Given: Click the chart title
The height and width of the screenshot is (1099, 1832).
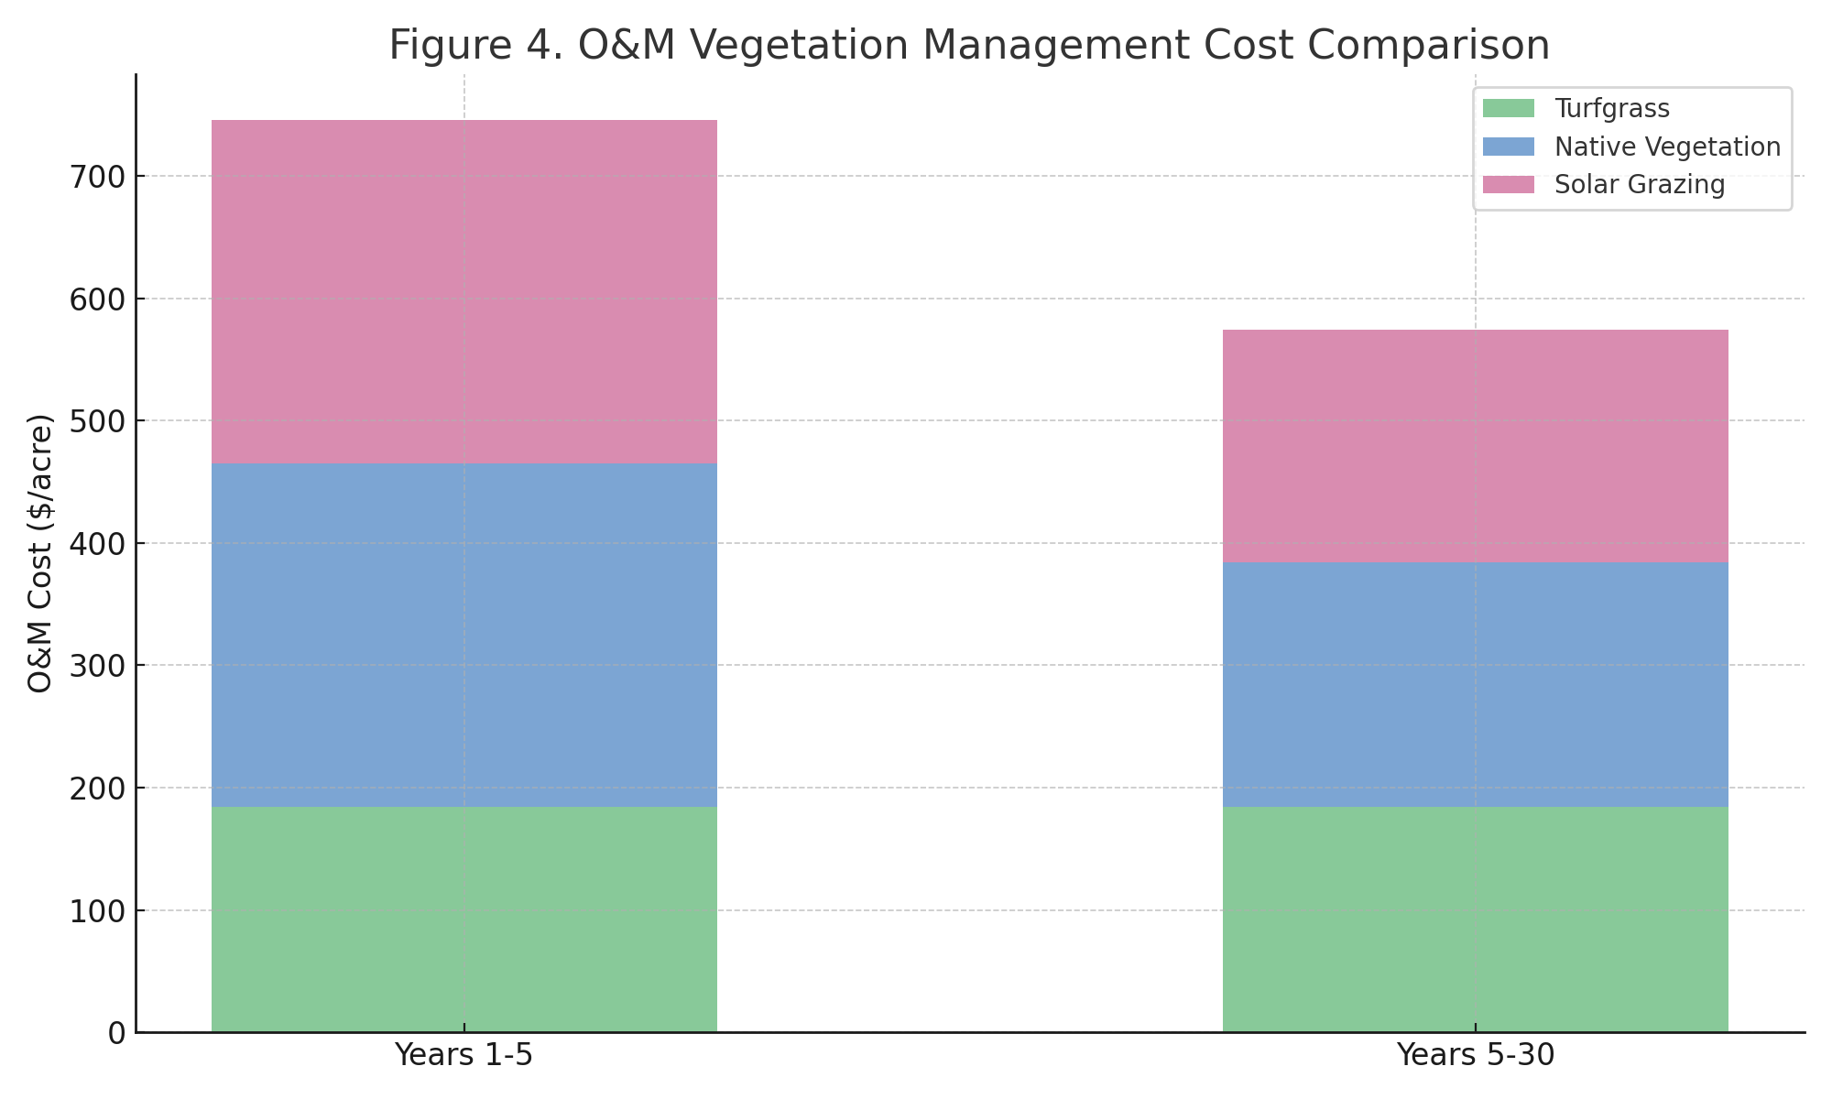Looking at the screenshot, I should coord(969,46).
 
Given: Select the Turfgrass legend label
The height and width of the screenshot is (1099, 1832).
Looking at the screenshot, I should coord(1612,109).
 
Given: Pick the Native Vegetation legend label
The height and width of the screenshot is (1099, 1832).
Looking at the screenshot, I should coord(1667,147).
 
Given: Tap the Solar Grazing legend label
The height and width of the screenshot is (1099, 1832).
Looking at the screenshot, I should coord(1640,185).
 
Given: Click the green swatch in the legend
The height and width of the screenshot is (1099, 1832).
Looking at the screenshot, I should coord(1508,109).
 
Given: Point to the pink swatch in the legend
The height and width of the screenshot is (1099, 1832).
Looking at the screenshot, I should coord(1508,185).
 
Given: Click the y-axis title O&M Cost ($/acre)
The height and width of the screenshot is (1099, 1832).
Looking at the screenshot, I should coord(41,553).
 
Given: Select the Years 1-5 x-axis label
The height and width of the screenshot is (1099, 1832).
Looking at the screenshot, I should coord(463,1056).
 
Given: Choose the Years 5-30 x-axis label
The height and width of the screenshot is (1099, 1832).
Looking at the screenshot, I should coord(1475,1056).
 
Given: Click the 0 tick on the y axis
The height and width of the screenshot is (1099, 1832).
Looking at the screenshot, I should coord(116,1033).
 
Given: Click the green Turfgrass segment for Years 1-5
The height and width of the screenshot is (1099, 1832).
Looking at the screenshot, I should coord(463,919).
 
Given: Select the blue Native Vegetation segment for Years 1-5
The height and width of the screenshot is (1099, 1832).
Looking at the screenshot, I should coord(463,635).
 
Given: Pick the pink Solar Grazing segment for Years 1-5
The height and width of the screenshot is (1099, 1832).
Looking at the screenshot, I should coord(463,291).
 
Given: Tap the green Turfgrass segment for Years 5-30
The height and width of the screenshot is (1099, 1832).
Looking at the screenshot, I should coord(1475,919).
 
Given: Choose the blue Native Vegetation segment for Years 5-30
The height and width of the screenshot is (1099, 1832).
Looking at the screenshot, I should coord(1475,684).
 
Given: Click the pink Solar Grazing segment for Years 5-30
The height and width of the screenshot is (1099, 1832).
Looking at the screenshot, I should coord(1475,445).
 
